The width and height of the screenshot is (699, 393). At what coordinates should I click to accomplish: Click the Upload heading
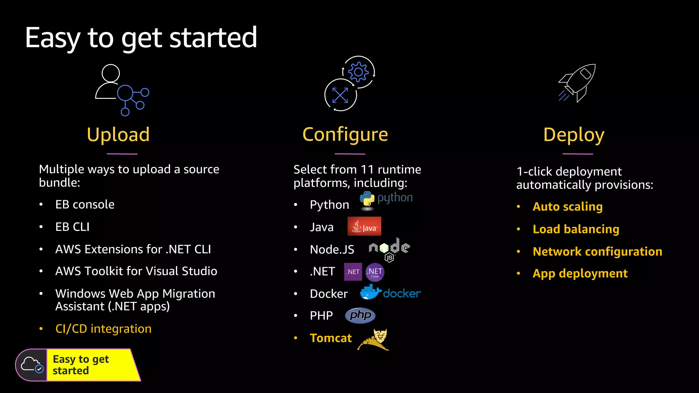tap(118, 134)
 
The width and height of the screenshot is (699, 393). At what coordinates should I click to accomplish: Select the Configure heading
tap(345, 134)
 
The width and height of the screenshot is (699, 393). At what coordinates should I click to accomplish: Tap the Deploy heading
tap(574, 134)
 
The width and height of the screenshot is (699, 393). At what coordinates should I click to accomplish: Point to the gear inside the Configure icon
tap(358, 72)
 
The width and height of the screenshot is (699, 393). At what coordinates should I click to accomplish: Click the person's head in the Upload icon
tap(111, 73)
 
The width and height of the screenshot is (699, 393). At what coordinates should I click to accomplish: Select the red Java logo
tap(364, 226)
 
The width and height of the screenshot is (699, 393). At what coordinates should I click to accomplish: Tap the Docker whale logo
tap(370, 293)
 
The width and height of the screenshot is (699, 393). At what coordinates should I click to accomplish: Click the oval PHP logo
tap(360, 315)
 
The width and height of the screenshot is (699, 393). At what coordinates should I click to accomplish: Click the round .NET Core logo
tap(375, 272)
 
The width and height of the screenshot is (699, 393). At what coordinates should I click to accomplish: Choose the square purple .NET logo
tap(353, 272)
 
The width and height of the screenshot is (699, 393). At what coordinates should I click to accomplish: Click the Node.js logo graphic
tap(389, 249)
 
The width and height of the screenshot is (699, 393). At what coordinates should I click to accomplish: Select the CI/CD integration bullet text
tap(103, 329)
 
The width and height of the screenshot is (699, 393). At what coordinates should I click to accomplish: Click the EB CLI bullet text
tap(72, 227)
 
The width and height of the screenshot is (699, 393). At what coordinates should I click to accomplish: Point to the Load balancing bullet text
tap(576, 229)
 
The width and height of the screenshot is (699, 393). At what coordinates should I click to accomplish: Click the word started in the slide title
tap(213, 38)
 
